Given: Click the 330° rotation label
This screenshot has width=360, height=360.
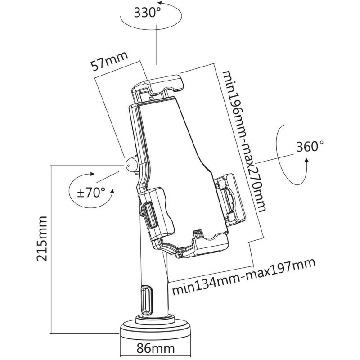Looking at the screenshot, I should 148,12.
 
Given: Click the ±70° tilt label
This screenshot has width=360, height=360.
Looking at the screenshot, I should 91,193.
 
